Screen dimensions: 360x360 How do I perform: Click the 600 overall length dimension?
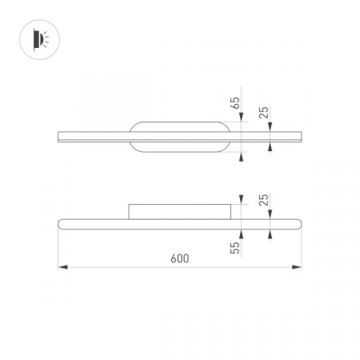click(179, 258)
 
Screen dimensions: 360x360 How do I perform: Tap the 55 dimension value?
click(234, 248)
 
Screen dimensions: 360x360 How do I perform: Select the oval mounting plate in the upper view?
click(181, 137)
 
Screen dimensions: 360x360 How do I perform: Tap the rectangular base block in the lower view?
click(181, 211)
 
